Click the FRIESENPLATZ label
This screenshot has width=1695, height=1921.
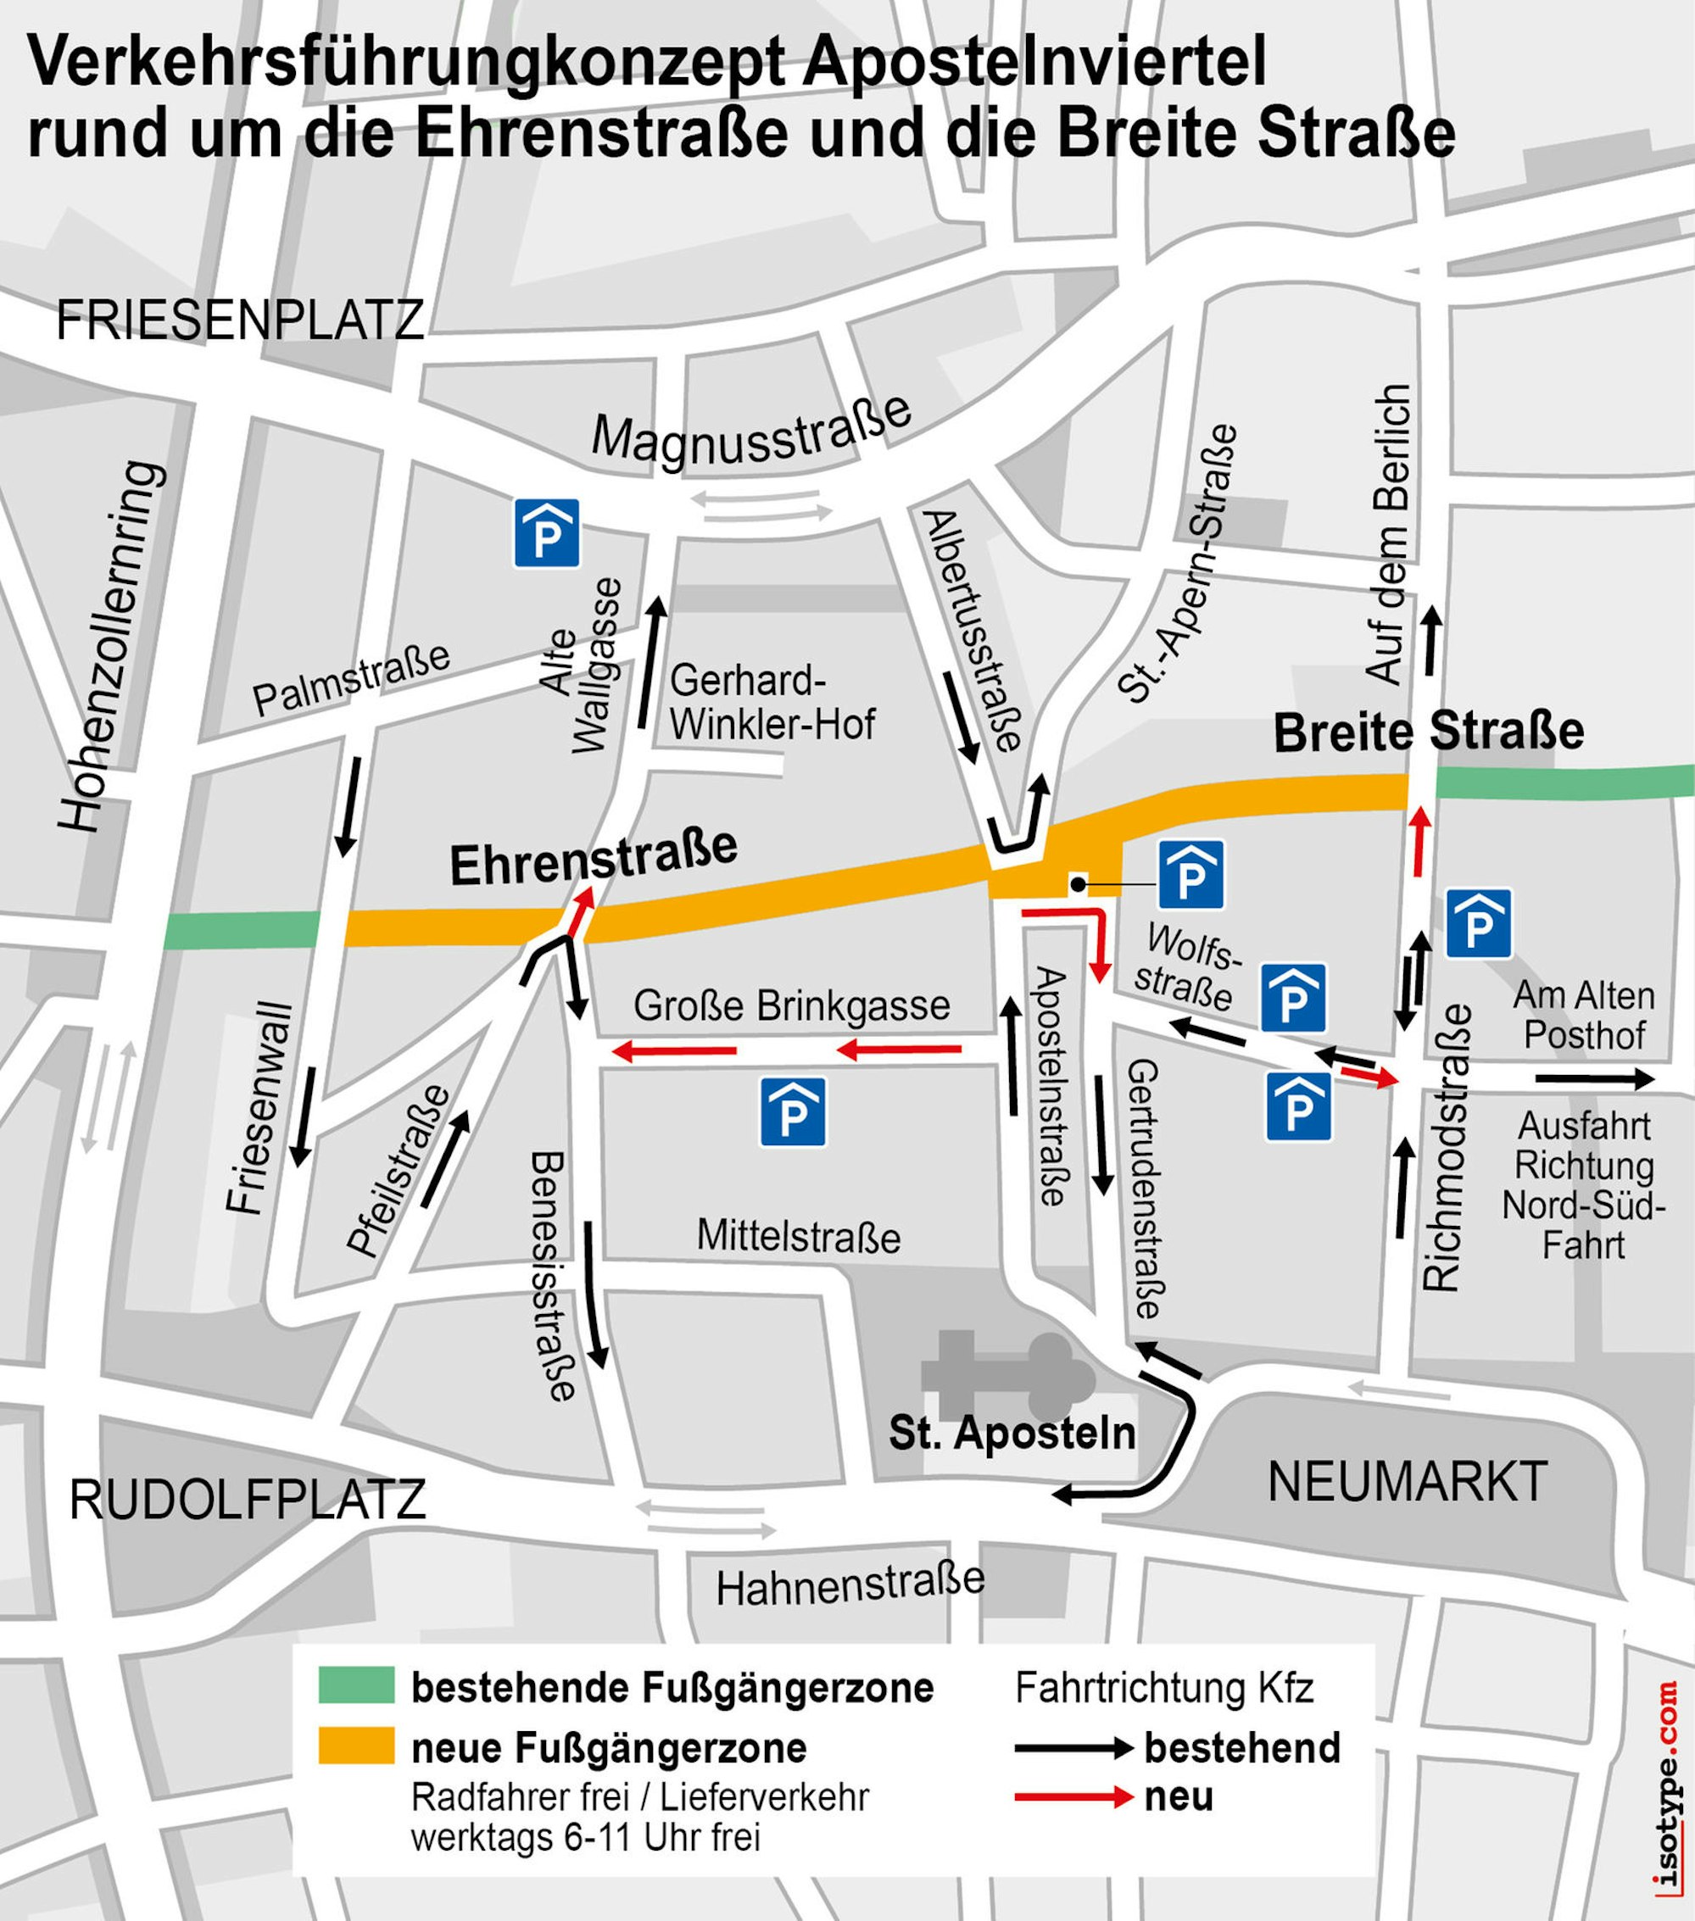240,321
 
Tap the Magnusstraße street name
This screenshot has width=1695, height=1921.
751,432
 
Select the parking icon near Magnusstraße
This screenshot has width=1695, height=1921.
545,533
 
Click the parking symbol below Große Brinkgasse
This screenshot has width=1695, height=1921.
793,1111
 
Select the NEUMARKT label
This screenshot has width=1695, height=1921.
1408,1482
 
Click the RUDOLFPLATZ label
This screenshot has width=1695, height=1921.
248,1500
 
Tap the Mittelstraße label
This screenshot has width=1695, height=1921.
798,1237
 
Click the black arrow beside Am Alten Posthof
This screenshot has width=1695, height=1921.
1592,1080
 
